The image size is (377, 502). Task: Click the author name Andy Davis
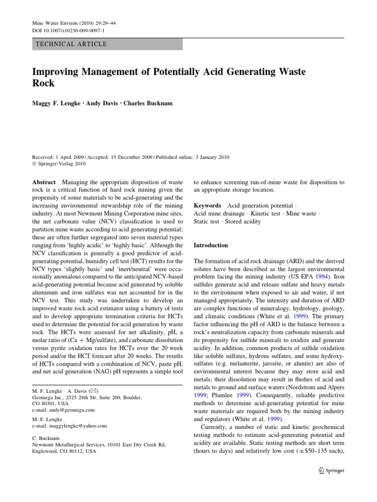108,104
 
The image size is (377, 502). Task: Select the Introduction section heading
211,245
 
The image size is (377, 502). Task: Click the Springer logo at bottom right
332,470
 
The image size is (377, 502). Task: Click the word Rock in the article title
43,84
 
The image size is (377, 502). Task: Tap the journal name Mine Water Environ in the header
55,23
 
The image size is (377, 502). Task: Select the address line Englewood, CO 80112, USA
63,451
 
